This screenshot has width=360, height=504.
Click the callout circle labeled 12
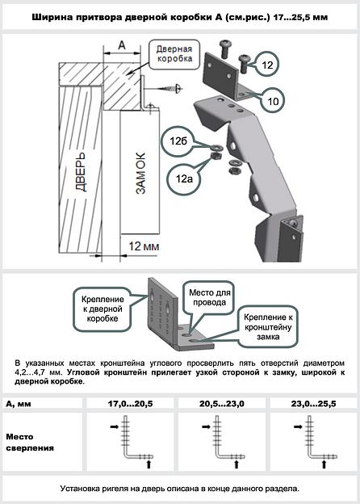pyautogui.click(x=268, y=62)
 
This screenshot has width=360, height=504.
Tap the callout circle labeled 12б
pyautogui.click(x=180, y=139)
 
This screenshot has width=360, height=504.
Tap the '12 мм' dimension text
pyautogui.click(x=141, y=243)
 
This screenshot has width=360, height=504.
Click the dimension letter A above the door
pyautogui.click(x=121, y=48)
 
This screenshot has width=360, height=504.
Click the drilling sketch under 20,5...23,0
pyautogui.click(x=212, y=443)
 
